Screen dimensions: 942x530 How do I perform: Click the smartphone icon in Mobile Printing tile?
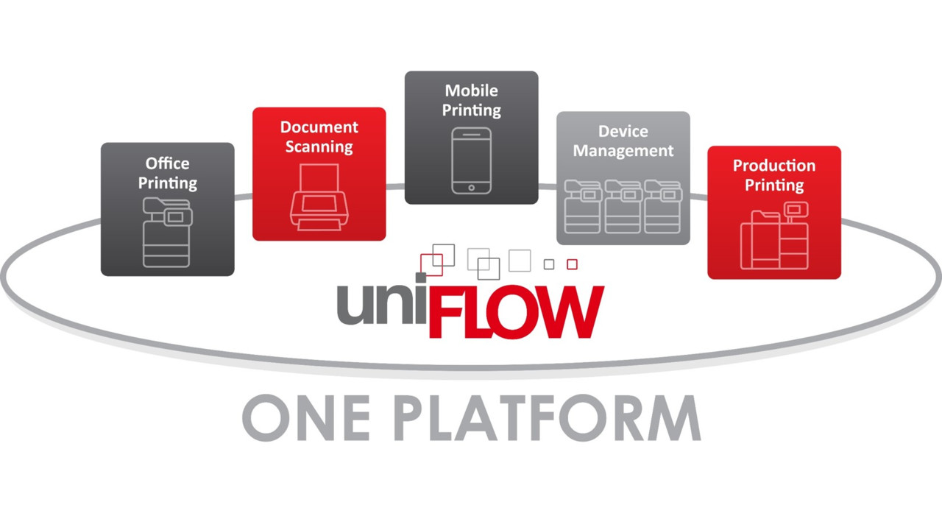[472, 160]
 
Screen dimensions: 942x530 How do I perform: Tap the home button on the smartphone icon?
[472, 188]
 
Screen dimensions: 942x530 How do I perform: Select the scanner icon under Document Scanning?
[319, 197]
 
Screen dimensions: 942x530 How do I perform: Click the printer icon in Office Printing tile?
[167, 232]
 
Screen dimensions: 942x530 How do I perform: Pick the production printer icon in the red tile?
[774, 236]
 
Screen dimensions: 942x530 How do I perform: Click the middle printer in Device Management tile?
[623, 207]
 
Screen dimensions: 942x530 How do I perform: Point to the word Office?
[167, 163]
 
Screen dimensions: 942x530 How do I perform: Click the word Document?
[319, 127]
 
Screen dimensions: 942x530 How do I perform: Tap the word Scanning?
[319, 146]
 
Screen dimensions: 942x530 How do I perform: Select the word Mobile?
[472, 91]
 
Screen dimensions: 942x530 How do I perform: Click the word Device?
[623, 131]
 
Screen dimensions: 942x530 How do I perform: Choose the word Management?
[623, 151]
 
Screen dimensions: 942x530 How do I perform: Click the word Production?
[774, 166]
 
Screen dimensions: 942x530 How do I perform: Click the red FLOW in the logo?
[516, 311]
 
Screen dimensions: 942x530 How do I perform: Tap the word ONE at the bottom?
[306, 417]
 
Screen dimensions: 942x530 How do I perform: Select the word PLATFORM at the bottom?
[548, 417]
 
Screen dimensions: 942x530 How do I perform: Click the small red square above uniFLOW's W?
[572, 264]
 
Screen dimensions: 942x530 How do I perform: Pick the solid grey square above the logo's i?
[420, 278]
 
